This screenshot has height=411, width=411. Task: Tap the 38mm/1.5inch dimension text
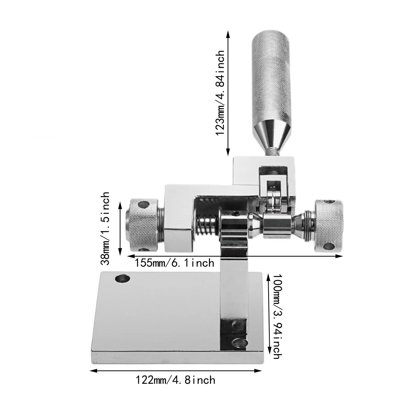(x=105, y=228)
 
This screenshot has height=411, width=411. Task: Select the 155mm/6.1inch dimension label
(x=174, y=263)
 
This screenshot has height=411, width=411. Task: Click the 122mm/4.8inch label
(x=175, y=380)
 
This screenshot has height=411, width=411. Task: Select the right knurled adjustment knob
(x=329, y=225)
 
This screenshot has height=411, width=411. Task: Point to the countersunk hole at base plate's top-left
(x=123, y=278)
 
